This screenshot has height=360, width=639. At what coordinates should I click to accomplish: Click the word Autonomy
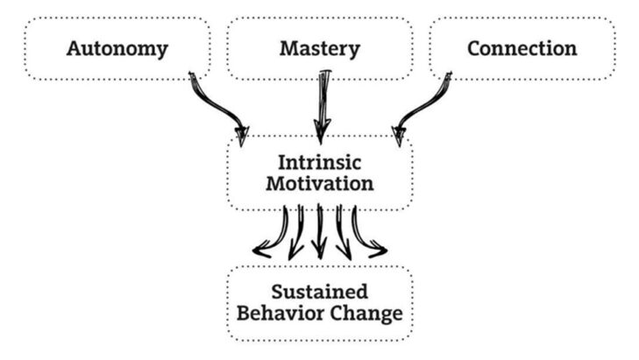[117, 49]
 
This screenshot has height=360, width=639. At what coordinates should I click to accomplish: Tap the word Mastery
[319, 49]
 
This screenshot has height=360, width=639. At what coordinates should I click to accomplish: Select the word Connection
[522, 49]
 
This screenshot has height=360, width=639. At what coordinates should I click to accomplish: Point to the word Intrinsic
[319, 164]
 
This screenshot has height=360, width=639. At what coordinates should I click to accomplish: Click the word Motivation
[319, 185]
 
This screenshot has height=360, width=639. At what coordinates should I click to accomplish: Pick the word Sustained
[319, 292]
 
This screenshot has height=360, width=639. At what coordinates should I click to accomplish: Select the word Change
[367, 313]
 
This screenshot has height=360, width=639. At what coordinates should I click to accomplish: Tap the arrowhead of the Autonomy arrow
[240, 135]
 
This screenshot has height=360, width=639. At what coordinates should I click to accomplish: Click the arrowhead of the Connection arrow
[399, 135]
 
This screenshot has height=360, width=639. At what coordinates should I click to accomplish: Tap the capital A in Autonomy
[75, 49]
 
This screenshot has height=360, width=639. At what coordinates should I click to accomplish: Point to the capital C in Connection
[474, 49]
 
